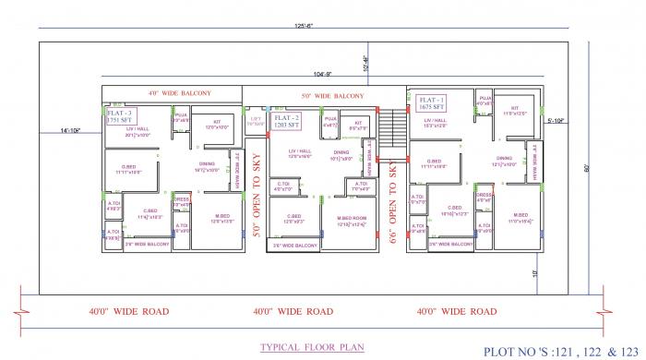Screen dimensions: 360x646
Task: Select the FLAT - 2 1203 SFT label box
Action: pos(286,121)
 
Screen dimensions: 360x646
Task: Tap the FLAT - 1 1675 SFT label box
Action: pos(432,102)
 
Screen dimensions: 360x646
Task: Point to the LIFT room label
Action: pos(256,121)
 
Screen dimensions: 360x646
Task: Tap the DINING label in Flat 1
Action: pos(504,159)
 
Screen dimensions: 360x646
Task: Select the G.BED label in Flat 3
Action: pos(129,168)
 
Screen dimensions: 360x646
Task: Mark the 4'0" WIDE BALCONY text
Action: pos(180,93)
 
